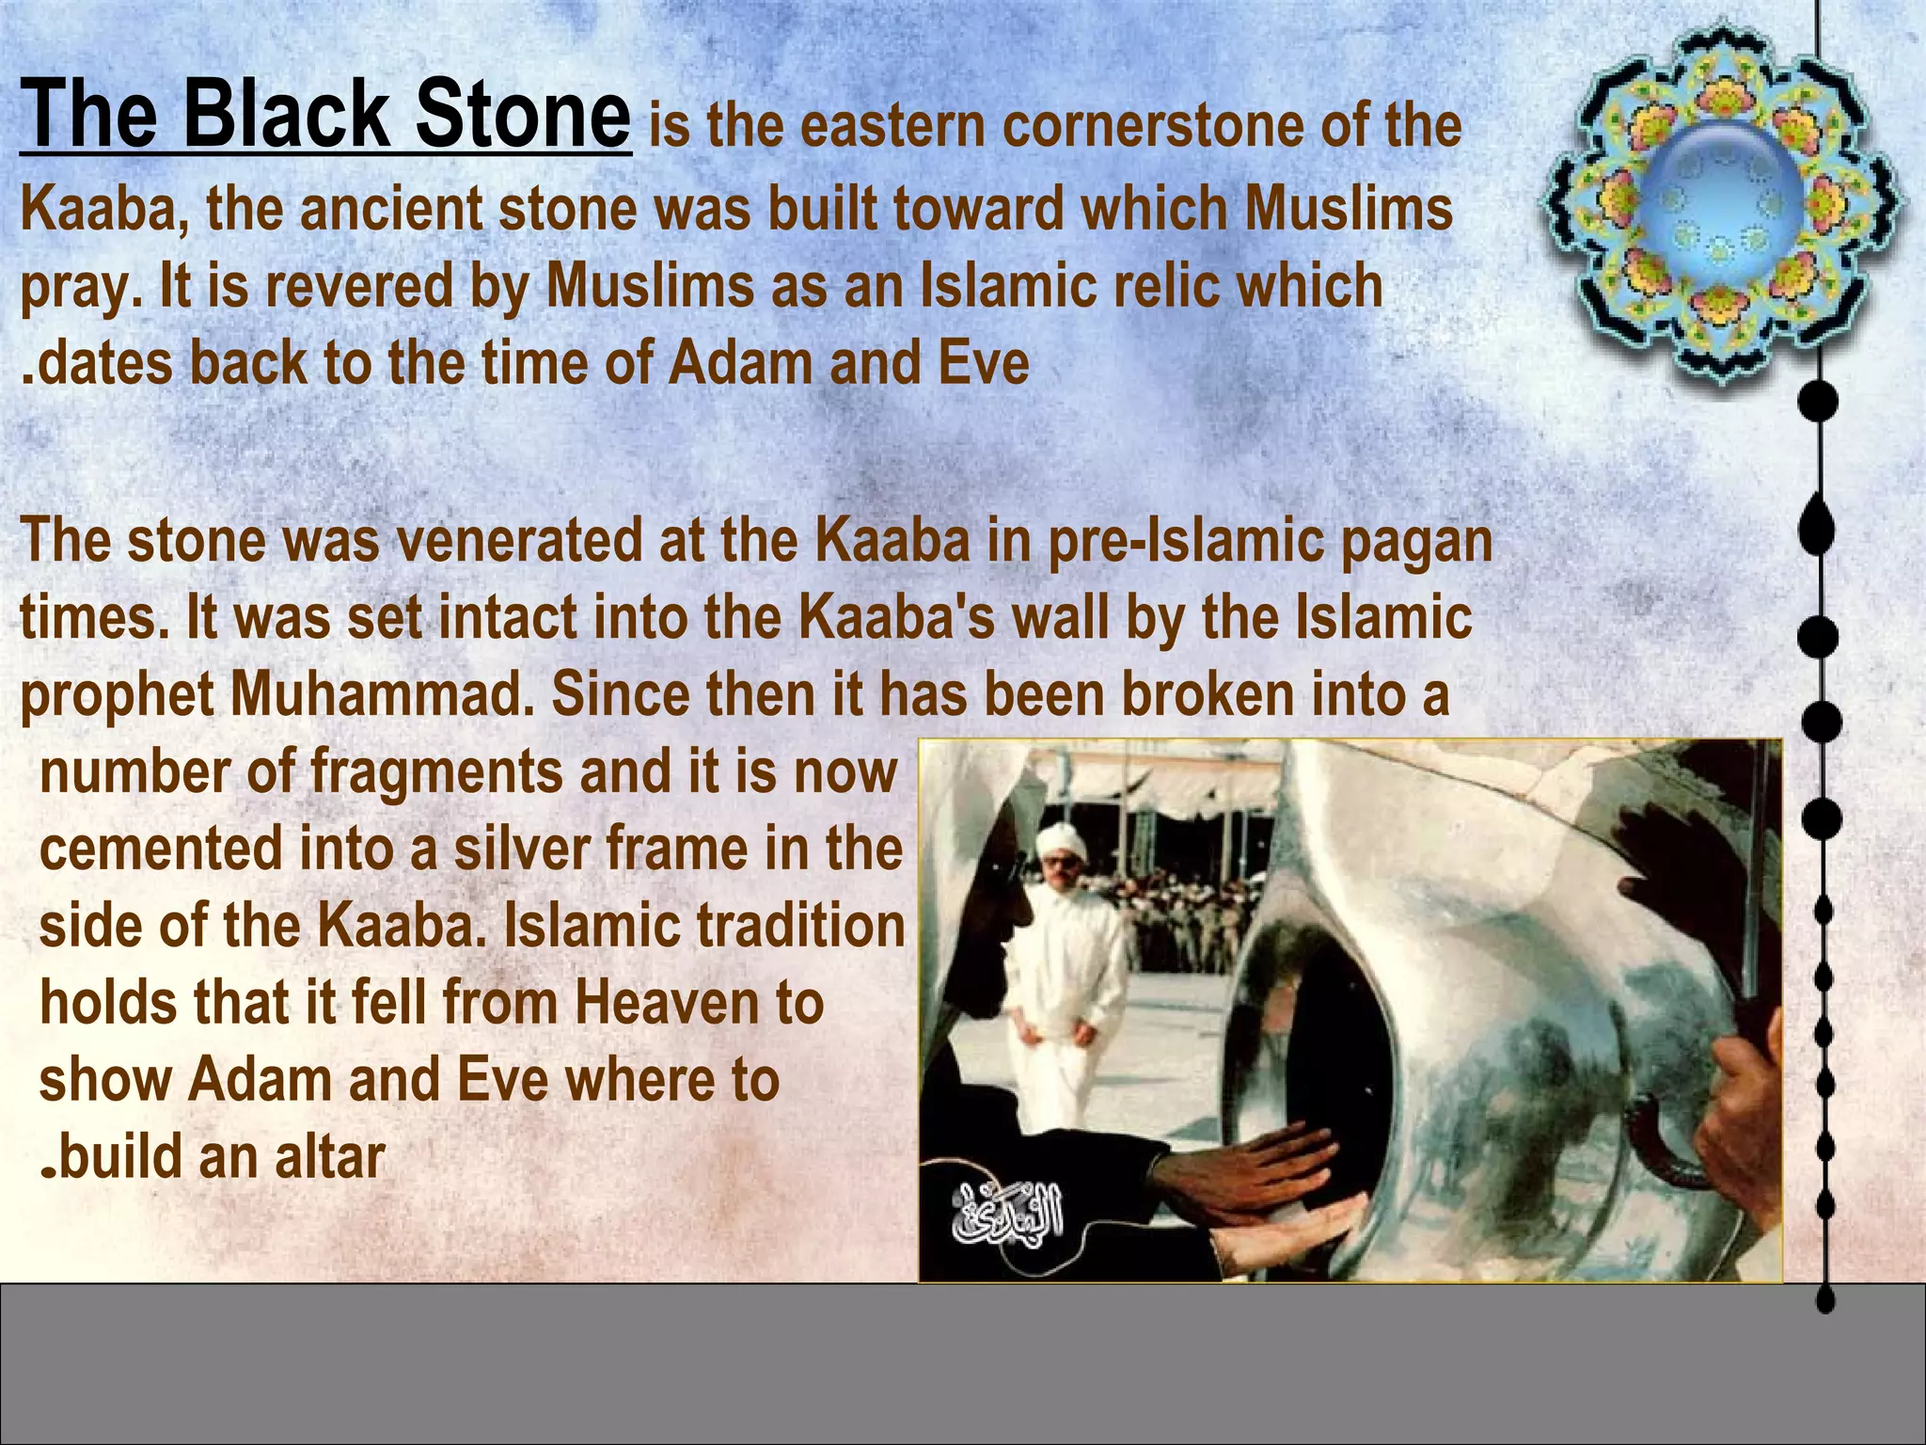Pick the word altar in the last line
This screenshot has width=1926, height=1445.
click(x=329, y=1157)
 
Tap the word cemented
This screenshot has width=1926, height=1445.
click(x=161, y=849)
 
